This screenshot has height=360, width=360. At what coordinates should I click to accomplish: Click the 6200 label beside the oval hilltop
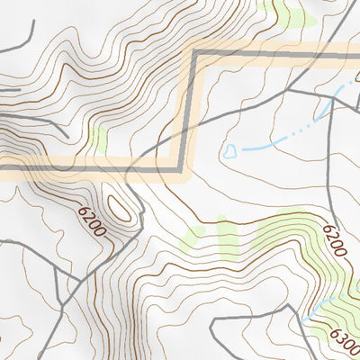[x=92, y=220]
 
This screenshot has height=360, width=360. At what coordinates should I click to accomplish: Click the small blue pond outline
[x=231, y=151]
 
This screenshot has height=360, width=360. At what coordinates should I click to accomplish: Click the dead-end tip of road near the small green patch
[x=67, y=135]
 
